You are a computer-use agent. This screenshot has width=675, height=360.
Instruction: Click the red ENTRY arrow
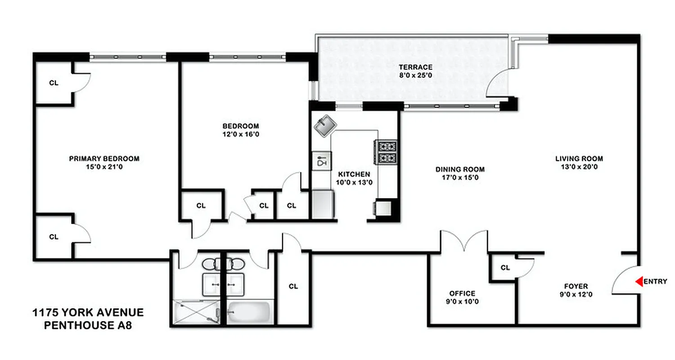639,282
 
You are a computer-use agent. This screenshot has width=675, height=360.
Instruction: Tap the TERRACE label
415,67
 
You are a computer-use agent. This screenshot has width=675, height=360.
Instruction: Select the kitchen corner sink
324,125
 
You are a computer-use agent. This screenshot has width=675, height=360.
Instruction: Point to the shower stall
196,312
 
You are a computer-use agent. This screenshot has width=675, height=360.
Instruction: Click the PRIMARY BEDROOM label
104,158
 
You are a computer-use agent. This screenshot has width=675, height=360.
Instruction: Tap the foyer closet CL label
505,268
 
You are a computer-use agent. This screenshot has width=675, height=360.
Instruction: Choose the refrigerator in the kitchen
323,204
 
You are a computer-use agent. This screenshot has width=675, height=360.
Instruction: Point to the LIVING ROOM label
579,158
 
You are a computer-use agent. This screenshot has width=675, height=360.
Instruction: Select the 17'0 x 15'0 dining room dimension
460,177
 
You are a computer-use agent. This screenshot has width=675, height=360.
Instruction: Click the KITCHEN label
354,174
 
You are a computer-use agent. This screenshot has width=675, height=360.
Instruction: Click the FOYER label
576,286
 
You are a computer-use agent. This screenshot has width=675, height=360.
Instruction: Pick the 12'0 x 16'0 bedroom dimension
241,134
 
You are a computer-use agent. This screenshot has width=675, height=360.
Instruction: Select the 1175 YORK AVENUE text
88,312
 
